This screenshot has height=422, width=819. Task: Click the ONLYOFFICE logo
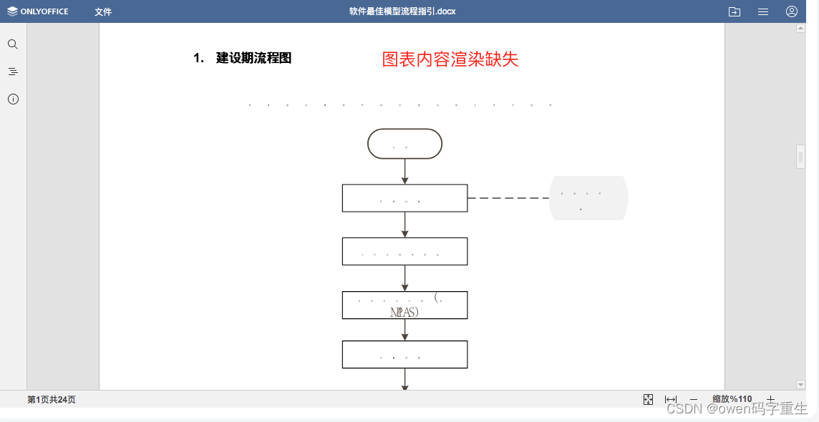point(38,11)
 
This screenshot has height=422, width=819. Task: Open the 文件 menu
point(103,11)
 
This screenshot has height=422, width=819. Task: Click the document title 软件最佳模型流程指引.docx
point(402,11)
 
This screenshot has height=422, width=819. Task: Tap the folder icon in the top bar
point(734,11)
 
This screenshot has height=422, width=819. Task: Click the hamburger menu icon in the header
point(763,11)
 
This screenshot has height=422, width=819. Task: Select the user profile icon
point(792,11)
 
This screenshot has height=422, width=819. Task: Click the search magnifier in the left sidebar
point(13,44)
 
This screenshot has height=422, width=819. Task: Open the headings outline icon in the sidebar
point(13,72)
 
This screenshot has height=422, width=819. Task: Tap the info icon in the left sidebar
point(13,99)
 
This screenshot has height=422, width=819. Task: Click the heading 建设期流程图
point(253,59)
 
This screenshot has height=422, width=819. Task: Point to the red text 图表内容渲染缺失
point(450,59)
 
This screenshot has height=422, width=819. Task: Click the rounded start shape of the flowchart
point(404,144)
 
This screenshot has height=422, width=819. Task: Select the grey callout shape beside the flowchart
point(588,198)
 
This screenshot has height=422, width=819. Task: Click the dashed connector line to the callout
point(508,198)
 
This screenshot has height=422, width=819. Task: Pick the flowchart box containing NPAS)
point(404,305)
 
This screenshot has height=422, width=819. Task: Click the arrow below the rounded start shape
point(405,172)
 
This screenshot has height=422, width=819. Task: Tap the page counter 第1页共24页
point(52,400)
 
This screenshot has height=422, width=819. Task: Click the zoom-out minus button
point(693,400)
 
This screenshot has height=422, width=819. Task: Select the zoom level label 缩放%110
point(732,400)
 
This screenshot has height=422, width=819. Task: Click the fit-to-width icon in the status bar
point(671,400)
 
